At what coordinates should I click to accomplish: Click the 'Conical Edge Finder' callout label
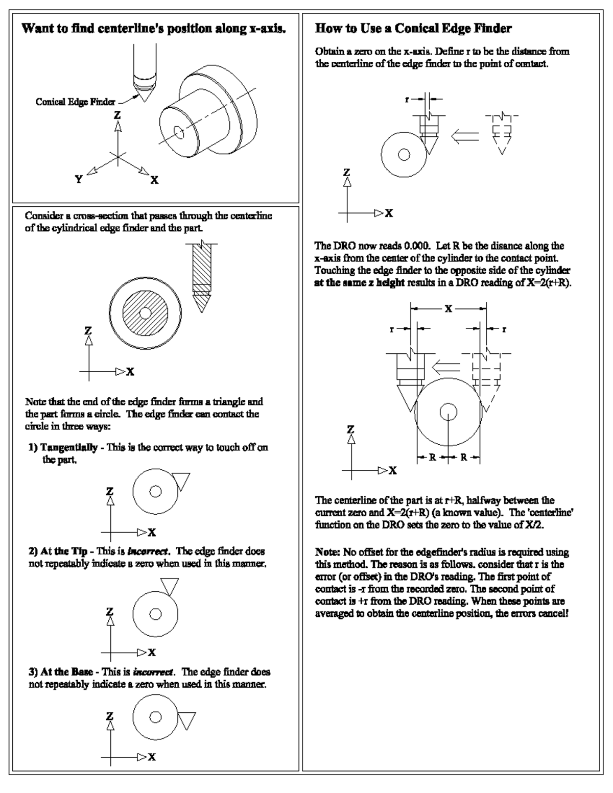pos(75,102)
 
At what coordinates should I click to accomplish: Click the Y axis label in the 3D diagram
pos(79,179)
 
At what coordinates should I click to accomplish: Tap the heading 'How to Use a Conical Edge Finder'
pos(413,29)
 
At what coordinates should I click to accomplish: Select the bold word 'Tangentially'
pos(69,447)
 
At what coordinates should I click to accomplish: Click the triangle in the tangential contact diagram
pos(180,481)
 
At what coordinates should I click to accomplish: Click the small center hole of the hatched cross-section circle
pos(145,312)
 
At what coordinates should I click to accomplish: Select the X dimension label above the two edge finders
pos(448,309)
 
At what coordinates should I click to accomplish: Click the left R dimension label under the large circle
pos(432,457)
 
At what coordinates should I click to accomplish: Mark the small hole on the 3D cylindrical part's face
pos(179,133)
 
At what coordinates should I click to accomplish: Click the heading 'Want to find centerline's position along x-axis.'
pos(154,29)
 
